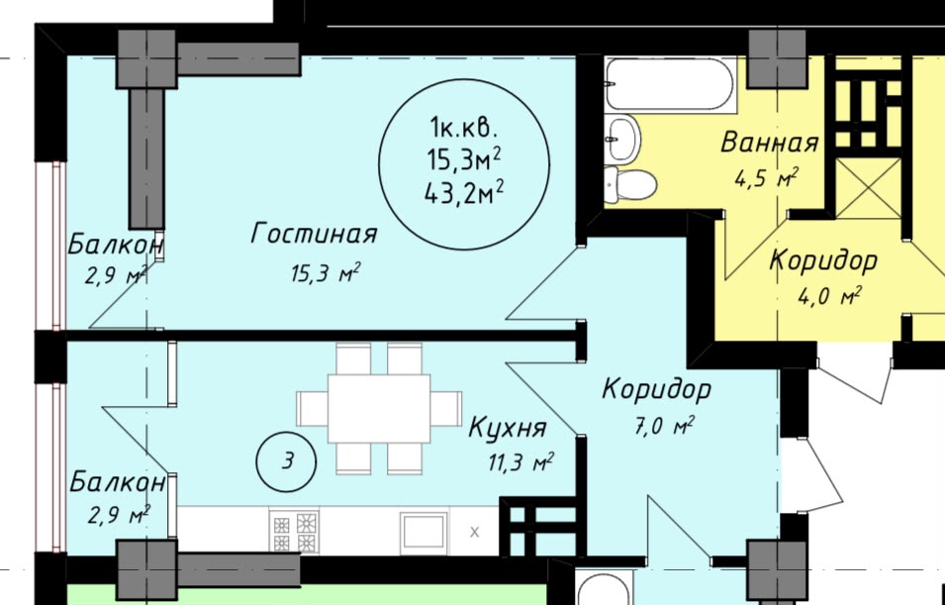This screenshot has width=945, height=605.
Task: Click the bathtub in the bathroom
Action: pyautogui.click(x=670, y=84)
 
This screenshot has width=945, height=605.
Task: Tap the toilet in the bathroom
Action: pyautogui.click(x=630, y=184)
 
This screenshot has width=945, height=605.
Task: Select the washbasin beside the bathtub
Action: pyautogui.click(x=622, y=139)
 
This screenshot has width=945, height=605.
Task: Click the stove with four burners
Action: pyautogui.click(x=294, y=531)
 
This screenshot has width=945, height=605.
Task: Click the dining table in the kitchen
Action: pyautogui.click(x=379, y=408)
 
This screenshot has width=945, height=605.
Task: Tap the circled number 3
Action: pyautogui.click(x=286, y=461)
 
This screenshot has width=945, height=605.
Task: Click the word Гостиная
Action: pyautogui.click(x=314, y=234)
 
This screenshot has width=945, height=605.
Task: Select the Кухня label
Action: pyautogui.click(x=508, y=428)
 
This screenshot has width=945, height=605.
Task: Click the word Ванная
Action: pyautogui.click(x=770, y=143)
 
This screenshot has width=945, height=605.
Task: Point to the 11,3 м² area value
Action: pyautogui.click(x=521, y=463)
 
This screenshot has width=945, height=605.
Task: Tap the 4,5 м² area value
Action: pyautogui.click(x=766, y=178)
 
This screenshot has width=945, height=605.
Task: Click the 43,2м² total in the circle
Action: pyautogui.click(x=465, y=194)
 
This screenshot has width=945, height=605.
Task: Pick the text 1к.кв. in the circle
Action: pyautogui.click(x=463, y=128)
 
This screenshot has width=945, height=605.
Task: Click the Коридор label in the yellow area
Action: pyautogui.click(x=823, y=261)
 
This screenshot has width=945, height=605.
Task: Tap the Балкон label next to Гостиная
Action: pyautogui.click(x=115, y=245)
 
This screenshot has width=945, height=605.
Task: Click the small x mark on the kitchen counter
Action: pyautogui.click(x=474, y=532)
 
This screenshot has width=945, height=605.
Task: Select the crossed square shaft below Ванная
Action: pyautogui.click(x=869, y=187)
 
